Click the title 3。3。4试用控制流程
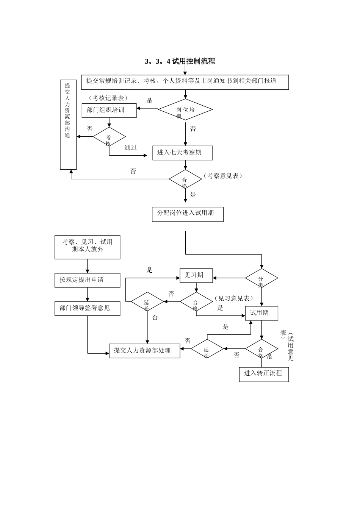coord(180,61)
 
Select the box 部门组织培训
coord(109,110)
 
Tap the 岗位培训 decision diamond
coord(185,110)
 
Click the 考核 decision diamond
coord(109,137)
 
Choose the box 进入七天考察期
coord(182,153)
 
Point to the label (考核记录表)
coord(108,98)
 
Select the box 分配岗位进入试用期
coord(188,214)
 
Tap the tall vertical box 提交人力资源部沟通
coord(68,125)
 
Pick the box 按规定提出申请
coord(87,280)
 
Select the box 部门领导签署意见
coord(87,308)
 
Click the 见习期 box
coord(196,275)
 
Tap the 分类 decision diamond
coord(261,278)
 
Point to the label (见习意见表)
coord(233,298)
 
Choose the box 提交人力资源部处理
coord(144,351)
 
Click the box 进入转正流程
coord(264,374)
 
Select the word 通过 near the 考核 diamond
coord(131,148)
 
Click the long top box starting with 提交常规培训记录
coord(185,82)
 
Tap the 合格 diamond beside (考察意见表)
coord(185,179)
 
